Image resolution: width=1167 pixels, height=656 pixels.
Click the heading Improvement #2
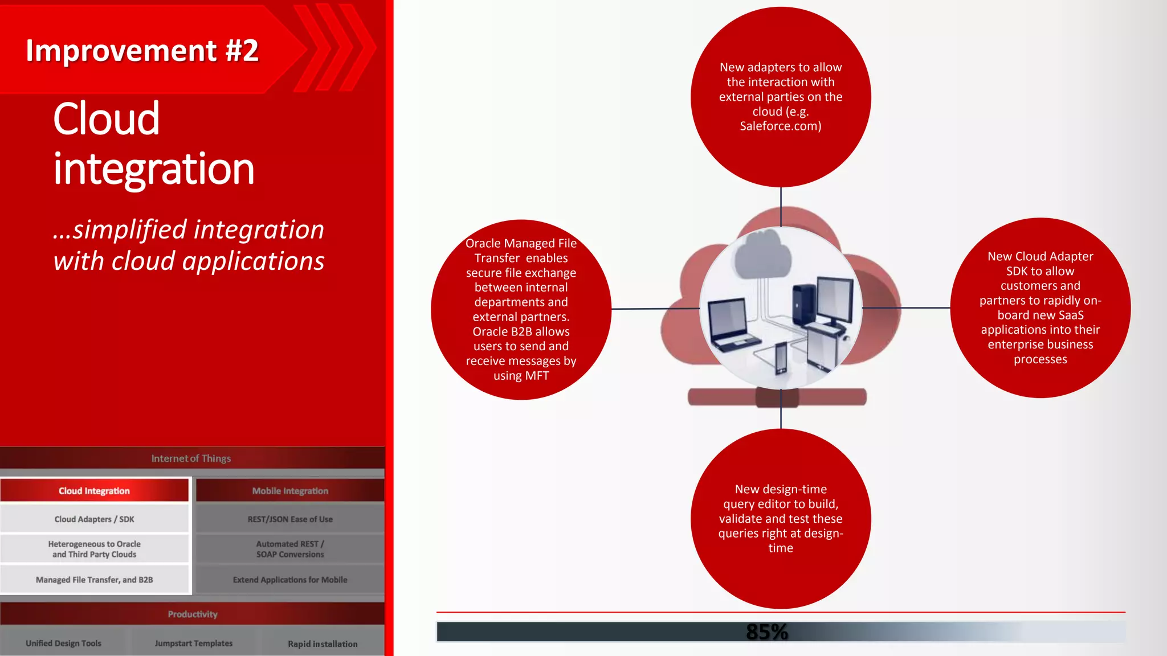pos(142,51)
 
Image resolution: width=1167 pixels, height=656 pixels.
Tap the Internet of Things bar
pos(191,458)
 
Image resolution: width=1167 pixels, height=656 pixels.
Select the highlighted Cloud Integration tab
pos(94,491)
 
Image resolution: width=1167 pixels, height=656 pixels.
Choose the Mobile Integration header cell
pos(290,491)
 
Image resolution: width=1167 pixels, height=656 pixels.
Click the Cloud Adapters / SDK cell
pos(94,519)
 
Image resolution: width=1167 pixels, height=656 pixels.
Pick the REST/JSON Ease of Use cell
pos(290,519)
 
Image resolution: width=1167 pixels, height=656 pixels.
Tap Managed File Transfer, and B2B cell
pos(94,580)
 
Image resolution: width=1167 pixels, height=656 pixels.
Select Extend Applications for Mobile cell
pos(290,580)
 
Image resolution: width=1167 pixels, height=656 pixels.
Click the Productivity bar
pos(192,614)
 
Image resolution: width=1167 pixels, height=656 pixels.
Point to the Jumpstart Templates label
pos(193,643)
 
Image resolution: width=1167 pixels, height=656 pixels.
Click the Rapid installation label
pos(323,644)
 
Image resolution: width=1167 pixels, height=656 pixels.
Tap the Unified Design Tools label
pos(63,643)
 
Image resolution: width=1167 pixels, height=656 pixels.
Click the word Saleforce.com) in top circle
pos(780,126)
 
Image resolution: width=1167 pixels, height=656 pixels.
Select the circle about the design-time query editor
pos(781,518)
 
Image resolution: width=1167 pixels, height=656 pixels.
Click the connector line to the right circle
pos(906,307)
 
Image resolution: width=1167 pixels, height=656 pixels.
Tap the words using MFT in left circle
pos(521,376)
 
